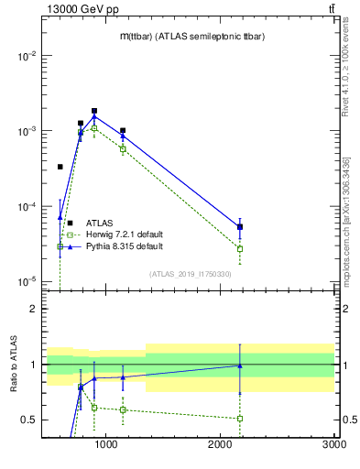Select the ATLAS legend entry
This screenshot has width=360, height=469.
[101, 223]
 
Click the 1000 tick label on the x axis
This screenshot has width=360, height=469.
[106, 444]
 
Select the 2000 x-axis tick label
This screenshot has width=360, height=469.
[220, 444]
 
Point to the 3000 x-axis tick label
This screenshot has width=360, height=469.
[333, 444]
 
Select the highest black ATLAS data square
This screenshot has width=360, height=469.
[94, 111]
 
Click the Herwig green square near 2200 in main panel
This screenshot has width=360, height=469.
[240, 248]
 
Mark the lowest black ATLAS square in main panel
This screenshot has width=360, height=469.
[240, 227]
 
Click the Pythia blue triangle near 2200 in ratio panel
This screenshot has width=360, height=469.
[240, 365]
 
